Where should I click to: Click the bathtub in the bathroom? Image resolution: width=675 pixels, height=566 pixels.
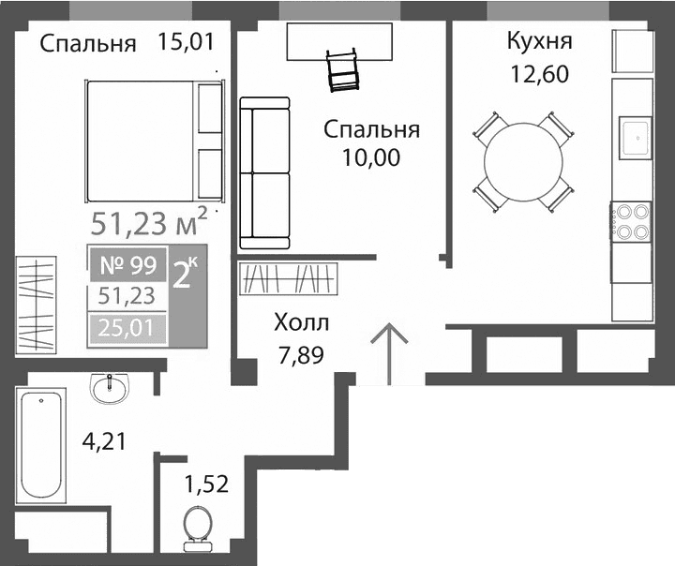point(42,446)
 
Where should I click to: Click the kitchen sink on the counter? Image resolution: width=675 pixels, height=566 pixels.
point(634,139)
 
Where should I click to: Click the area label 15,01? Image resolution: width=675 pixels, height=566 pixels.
point(187,42)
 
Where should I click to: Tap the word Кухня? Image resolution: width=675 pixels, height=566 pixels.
point(539,42)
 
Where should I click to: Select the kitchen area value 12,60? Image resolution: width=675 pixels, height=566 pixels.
point(538,74)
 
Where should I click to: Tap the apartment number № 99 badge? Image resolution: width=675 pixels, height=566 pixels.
point(128,264)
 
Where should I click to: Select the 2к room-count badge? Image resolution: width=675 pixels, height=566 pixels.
point(185,272)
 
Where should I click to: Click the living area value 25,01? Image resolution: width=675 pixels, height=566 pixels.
point(127,329)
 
